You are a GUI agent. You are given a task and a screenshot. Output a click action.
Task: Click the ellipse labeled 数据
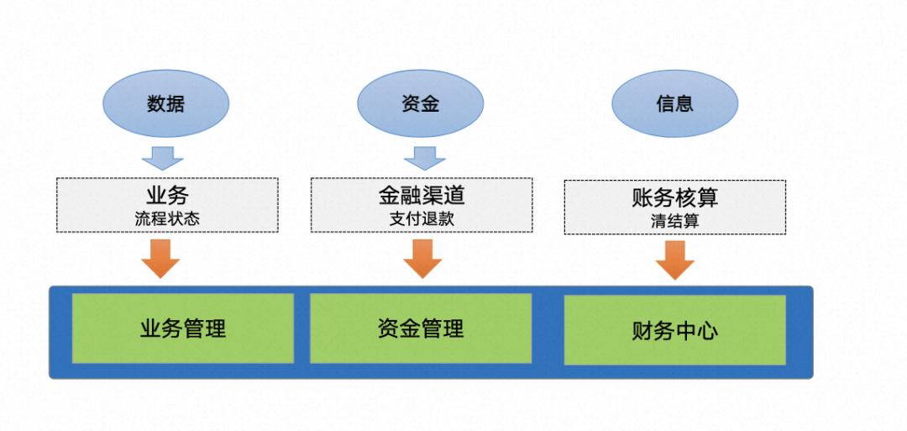pos(165,103)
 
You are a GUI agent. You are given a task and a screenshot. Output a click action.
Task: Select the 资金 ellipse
pos(420,103)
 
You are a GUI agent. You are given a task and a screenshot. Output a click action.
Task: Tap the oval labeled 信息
pos(674,103)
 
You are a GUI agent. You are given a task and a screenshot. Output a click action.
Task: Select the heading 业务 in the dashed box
pos(167,196)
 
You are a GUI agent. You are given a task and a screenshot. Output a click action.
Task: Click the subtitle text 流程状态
pos(167,219)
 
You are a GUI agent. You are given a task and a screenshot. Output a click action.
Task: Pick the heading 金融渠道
pos(421,196)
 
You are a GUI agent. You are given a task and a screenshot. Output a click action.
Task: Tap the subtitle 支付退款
pos(421,219)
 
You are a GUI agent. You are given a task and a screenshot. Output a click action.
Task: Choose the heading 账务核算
pos(674,198)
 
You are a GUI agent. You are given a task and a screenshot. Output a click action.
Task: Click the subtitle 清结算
pos(674,222)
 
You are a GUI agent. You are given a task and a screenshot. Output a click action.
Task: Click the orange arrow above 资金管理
pos(422,258)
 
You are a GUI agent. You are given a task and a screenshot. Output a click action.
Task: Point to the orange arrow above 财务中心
pos(674,260)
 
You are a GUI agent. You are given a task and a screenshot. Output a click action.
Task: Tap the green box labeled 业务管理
pos(183,328)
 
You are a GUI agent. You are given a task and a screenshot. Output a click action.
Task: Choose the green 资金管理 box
pos(421,328)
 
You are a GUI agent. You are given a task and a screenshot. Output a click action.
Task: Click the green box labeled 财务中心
pos(674,329)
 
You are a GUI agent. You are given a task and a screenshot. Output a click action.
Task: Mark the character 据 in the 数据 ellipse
pos(176,103)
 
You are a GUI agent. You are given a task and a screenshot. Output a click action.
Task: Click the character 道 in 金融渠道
pos(453,196)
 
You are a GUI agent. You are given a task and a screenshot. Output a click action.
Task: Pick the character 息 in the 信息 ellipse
pos(684,103)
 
